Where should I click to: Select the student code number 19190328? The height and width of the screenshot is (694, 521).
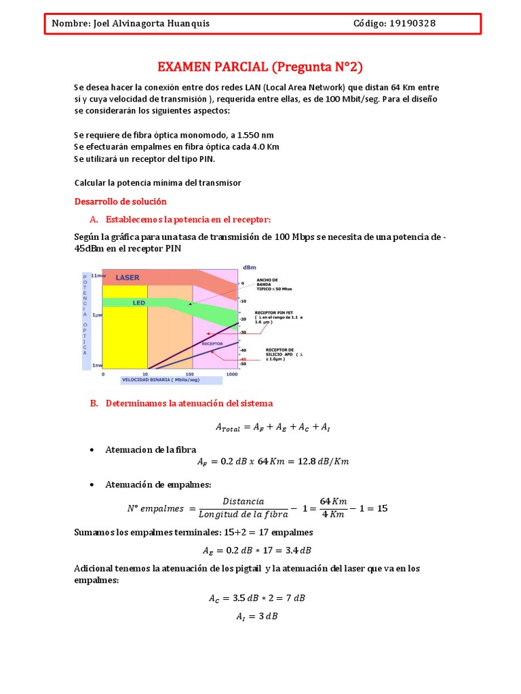tap(412, 24)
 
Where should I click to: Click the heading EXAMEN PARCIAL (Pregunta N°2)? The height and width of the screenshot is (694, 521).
tap(260, 66)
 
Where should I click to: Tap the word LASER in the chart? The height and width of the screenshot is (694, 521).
tap(127, 277)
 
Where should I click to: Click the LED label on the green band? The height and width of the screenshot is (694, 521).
tap(138, 304)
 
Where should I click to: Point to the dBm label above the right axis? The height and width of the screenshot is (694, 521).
tap(249, 266)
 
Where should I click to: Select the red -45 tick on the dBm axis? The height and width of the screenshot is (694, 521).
tap(233, 359)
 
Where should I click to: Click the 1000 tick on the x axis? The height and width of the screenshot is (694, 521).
tap(232, 373)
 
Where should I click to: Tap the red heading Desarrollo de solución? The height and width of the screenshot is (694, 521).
tap(119, 202)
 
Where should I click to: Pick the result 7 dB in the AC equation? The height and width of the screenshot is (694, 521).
tap(293, 598)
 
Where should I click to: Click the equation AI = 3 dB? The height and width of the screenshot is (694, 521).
tap(260, 616)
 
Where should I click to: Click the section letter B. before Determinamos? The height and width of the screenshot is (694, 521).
tap(94, 403)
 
